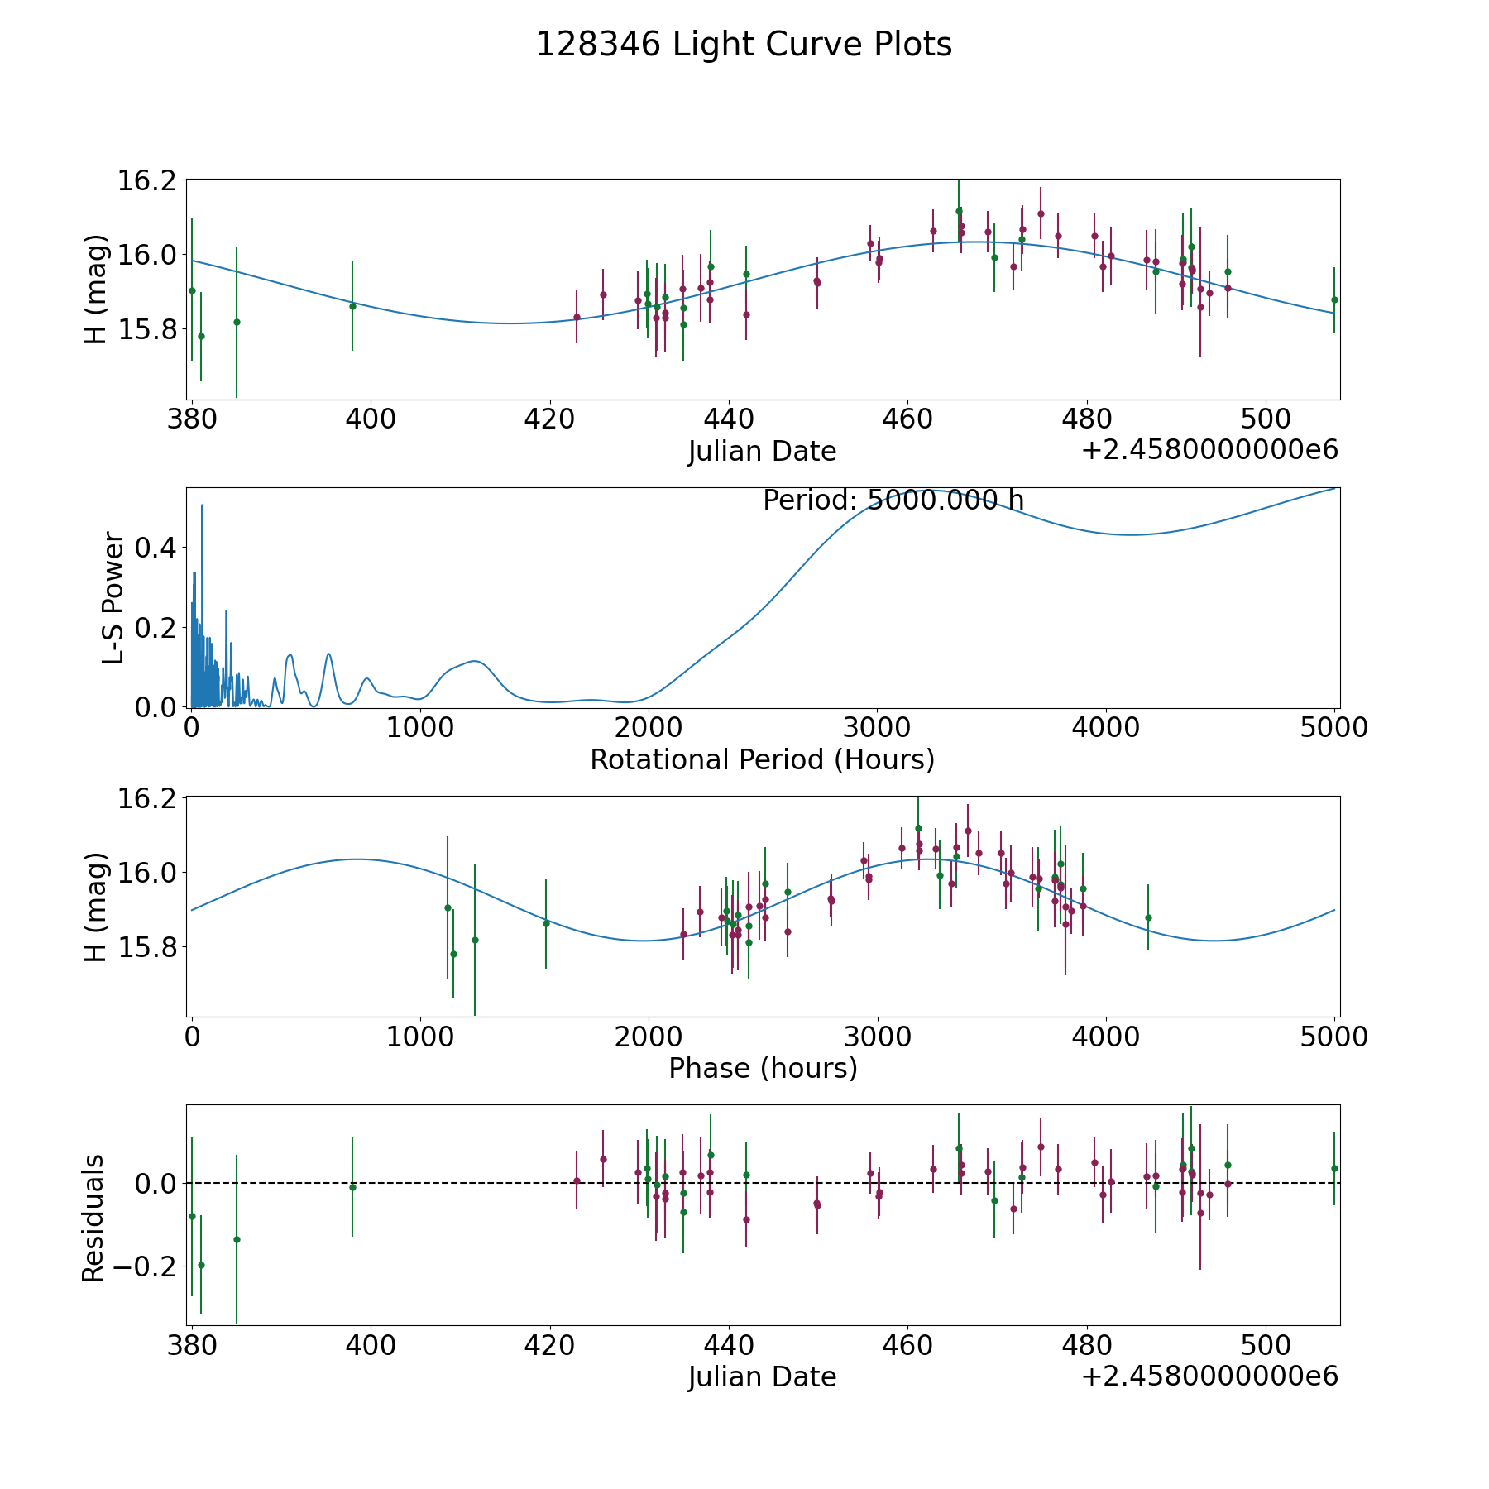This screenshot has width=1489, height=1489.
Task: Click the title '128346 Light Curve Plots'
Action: [744, 45]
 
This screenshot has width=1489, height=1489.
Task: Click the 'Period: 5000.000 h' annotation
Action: [893, 500]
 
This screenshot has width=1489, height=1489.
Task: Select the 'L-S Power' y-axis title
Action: [113, 597]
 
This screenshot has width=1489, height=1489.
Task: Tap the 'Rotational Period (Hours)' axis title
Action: [762, 759]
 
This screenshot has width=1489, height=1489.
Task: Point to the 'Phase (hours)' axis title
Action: [763, 1068]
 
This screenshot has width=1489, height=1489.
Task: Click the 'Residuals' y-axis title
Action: [93, 1218]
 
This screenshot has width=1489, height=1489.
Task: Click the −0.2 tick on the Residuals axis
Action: [137, 1266]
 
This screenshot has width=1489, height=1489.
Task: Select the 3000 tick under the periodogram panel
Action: [876, 728]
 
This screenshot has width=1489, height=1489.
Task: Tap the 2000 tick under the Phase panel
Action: [648, 1037]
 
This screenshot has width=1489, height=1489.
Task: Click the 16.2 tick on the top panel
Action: [147, 180]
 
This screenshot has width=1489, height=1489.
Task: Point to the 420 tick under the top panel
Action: [549, 419]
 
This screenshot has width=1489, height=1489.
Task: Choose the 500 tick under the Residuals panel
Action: [1266, 1346]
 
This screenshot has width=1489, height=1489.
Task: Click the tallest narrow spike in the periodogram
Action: [202, 505]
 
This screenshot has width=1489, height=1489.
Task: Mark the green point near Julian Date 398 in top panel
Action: [352, 306]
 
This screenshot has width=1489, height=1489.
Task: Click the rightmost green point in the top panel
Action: [1334, 299]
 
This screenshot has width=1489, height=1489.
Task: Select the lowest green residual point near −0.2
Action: [201, 1265]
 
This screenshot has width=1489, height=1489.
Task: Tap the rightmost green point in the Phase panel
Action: [1148, 917]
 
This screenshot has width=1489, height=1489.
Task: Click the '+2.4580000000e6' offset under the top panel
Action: [1209, 451]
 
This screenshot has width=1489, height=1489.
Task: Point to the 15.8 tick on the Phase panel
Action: [147, 947]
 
